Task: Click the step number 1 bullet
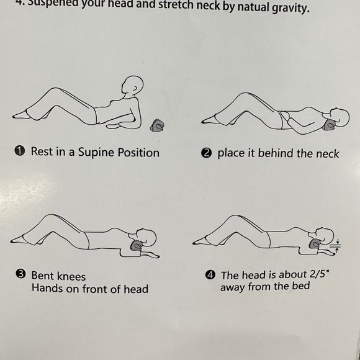coord(20,151)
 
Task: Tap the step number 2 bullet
coord(206,153)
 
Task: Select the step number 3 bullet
coord(20,274)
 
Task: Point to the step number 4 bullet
coord(210,275)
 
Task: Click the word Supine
coord(96,153)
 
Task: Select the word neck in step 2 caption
coord(327,153)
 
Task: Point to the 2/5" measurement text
coord(319,274)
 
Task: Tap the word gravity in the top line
coord(290,8)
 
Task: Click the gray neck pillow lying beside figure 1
coord(158,125)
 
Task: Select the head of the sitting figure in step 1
coord(132,85)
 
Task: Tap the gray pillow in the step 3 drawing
coord(137,246)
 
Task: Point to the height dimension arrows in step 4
coord(337,246)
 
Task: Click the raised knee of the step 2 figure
coord(245,94)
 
